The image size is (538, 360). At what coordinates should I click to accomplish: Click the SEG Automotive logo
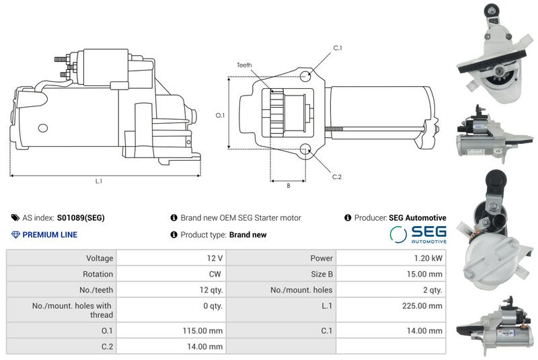click(x=418, y=235)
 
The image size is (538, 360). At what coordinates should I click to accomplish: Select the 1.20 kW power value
click(x=428, y=258)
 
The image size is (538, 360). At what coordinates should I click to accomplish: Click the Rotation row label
click(x=98, y=274)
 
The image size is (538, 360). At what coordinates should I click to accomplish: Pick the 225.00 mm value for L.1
click(x=422, y=305)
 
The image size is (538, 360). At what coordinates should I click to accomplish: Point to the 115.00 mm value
click(x=202, y=331)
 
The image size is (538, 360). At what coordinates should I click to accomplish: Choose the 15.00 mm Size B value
click(x=424, y=274)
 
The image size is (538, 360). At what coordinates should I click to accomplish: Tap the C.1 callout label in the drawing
click(x=338, y=48)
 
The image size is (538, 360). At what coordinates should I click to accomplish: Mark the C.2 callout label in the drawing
click(x=337, y=177)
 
